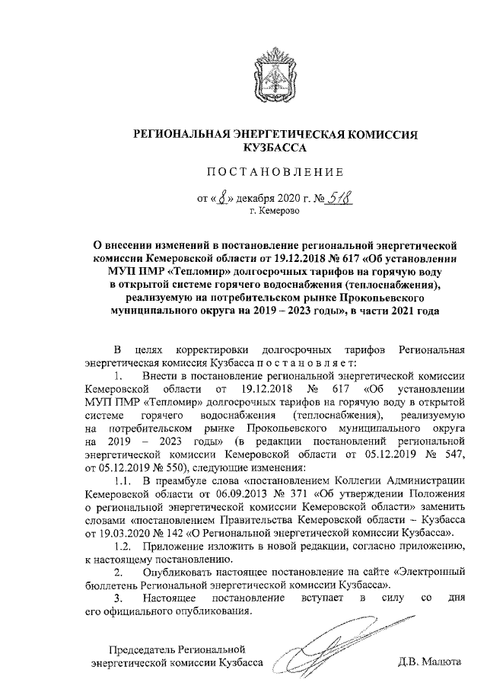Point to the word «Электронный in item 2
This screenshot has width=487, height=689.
point(428,571)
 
